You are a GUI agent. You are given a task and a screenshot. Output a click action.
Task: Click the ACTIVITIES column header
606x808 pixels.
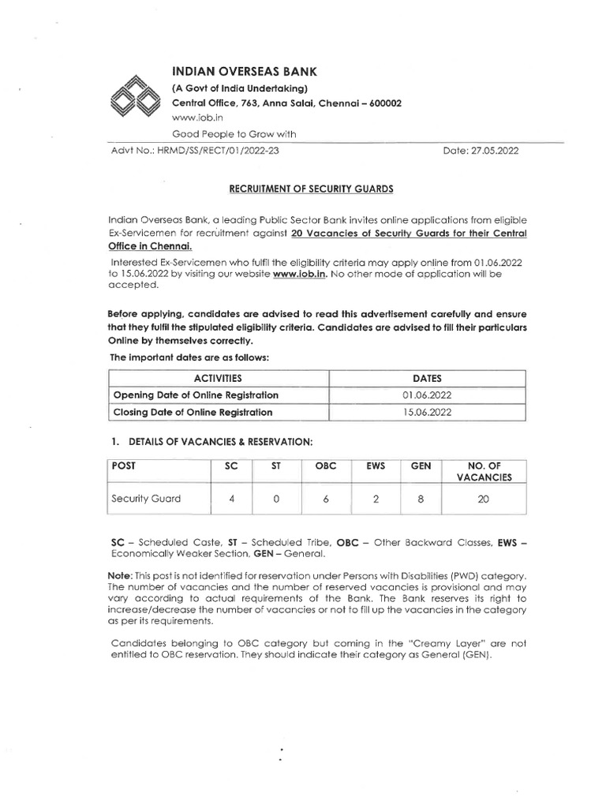tap(217, 378)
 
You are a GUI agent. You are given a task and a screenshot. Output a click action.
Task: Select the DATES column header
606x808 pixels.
tap(427, 378)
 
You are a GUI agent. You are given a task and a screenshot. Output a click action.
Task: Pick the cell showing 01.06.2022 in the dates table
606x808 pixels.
tap(427, 395)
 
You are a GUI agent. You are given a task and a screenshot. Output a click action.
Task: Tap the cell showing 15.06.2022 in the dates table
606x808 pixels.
tap(427, 412)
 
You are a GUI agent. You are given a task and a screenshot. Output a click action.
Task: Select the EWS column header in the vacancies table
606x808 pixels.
tap(375, 466)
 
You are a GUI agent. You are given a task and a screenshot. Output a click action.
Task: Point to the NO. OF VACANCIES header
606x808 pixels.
tap(484, 471)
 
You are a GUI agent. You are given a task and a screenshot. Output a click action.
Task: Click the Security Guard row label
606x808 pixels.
tap(148, 499)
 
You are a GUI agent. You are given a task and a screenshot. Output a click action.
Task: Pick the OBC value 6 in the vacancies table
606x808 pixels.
tap(326, 499)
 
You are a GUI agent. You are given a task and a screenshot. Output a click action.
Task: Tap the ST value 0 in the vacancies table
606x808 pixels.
tap(275, 499)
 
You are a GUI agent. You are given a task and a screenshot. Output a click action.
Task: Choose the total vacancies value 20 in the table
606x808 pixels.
tap(484, 499)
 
